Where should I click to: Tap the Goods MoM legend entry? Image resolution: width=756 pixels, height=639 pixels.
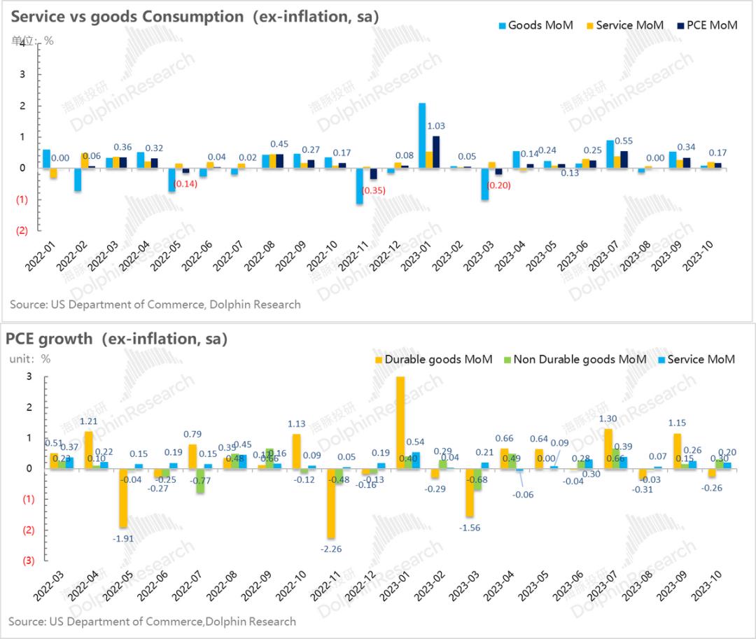[535, 25]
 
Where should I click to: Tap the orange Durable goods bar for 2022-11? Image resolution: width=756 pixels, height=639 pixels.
[331, 503]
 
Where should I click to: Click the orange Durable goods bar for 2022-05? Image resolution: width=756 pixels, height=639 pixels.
[123, 498]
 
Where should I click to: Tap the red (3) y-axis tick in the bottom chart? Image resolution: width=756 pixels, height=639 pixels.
[28, 560]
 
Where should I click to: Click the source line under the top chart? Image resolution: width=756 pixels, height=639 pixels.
[155, 304]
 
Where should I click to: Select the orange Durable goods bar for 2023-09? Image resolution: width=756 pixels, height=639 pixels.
[677, 451]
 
